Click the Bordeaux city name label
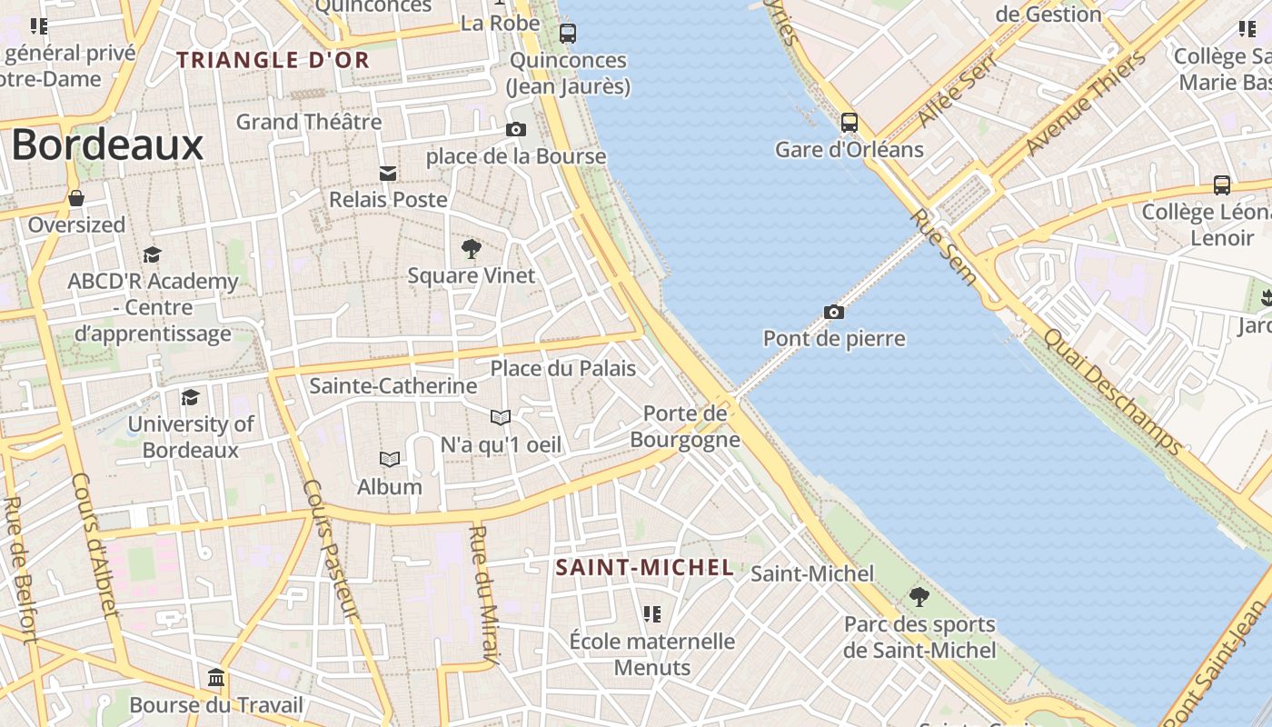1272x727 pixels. (107, 144)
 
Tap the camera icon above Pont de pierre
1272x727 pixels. (834, 312)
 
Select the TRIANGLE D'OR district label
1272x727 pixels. (273, 60)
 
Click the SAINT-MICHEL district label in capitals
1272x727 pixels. (644, 568)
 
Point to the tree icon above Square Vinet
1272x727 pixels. (471, 248)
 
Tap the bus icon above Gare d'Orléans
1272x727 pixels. (850, 122)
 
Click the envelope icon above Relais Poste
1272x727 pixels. (388, 173)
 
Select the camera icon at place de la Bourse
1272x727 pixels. (516, 129)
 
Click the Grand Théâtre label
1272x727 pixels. (309, 121)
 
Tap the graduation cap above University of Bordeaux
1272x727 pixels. (190, 397)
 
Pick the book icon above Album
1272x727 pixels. (390, 460)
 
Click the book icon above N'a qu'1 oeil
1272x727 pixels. (501, 417)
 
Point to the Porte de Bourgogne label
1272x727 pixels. (685, 426)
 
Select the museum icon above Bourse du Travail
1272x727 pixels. (216, 678)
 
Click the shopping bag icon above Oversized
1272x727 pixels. (76, 198)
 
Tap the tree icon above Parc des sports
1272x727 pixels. (919, 597)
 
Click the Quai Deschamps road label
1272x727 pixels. (1112, 391)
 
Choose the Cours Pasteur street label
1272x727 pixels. (331, 550)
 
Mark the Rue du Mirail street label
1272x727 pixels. (483, 594)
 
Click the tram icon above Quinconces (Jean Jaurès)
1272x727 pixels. (568, 34)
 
